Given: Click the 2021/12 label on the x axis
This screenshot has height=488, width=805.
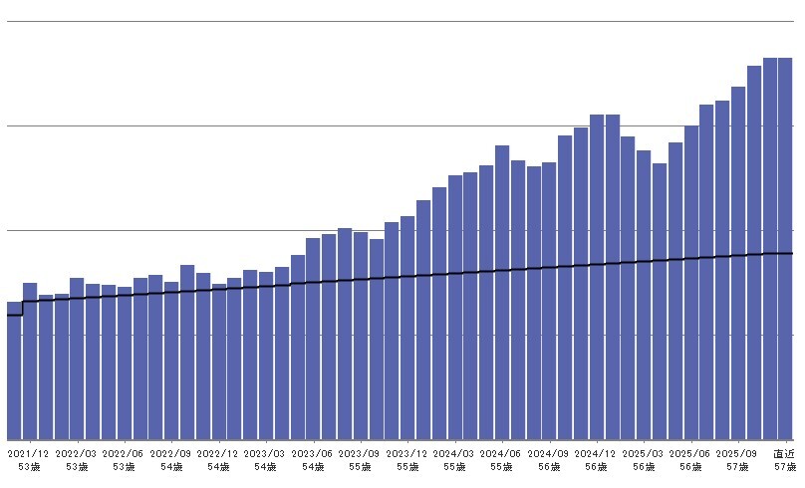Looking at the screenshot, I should (x=29, y=453).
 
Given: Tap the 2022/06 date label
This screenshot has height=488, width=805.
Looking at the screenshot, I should (x=124, y=453).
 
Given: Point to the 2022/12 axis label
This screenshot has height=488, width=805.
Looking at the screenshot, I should (x=218, y=453).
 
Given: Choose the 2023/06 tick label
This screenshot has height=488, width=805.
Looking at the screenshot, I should (x=313, y=453).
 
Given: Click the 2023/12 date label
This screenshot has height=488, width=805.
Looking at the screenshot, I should (x=407, y=453).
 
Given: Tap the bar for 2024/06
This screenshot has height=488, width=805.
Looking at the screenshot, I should (x=502, y=293).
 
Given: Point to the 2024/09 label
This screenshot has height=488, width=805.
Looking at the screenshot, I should (x=549, y=453).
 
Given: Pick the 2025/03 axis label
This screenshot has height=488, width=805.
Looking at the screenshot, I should (x=644, y=453).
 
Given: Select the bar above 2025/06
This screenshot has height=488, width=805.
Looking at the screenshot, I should (x=690, y=283).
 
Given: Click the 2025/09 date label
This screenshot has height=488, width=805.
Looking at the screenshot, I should (x=738, y=453).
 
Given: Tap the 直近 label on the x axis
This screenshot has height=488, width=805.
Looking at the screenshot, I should (x=785, y=453).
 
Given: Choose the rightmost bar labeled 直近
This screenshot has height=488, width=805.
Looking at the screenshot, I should (x=785, y=249).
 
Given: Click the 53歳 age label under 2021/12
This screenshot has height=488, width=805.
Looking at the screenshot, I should (x=29, y=466).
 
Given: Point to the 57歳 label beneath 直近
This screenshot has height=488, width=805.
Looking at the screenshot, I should (x=785, y=466).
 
